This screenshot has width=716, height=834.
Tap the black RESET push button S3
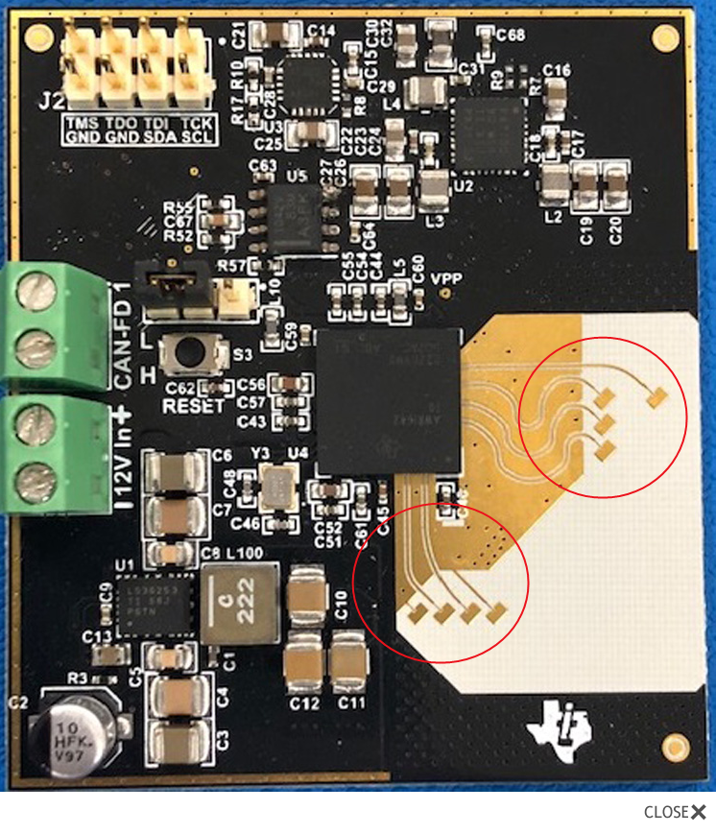[x=192, y=353]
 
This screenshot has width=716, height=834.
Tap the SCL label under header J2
[x=198, y=137]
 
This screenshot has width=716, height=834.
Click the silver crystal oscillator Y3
[x=280, y=486]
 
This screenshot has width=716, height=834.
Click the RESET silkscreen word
[x=193, y=405]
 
